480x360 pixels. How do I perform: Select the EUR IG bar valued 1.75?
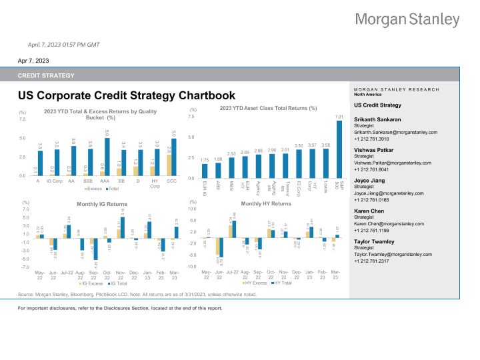pyautogui.click(x=204, y=171)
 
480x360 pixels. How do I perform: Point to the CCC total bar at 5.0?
pyautogui.click(x=174, y=157)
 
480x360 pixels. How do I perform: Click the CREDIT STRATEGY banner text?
pyautogui.click(x=46, y=76)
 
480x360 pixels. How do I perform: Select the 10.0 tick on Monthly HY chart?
pyautogui.click(x=191, y=209)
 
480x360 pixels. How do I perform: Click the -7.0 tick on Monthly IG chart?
pyautogui.click(x=25, y=267)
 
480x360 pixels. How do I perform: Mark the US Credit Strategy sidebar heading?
pyautogui.click(x=378, y=105)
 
